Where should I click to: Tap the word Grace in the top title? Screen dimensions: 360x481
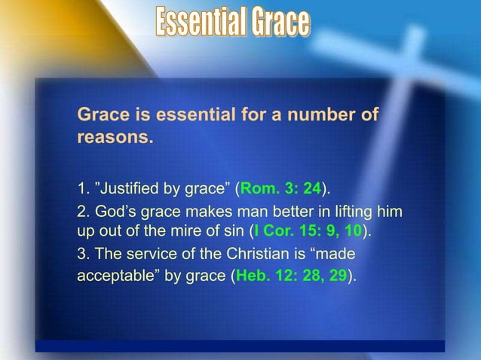pos(278,22)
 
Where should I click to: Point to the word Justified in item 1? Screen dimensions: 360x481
pos(130,186)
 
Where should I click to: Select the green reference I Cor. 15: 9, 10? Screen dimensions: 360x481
pos(310,230)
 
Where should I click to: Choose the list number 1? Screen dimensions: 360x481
pos(81,186)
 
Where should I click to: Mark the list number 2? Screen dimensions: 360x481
pos(81,209)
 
